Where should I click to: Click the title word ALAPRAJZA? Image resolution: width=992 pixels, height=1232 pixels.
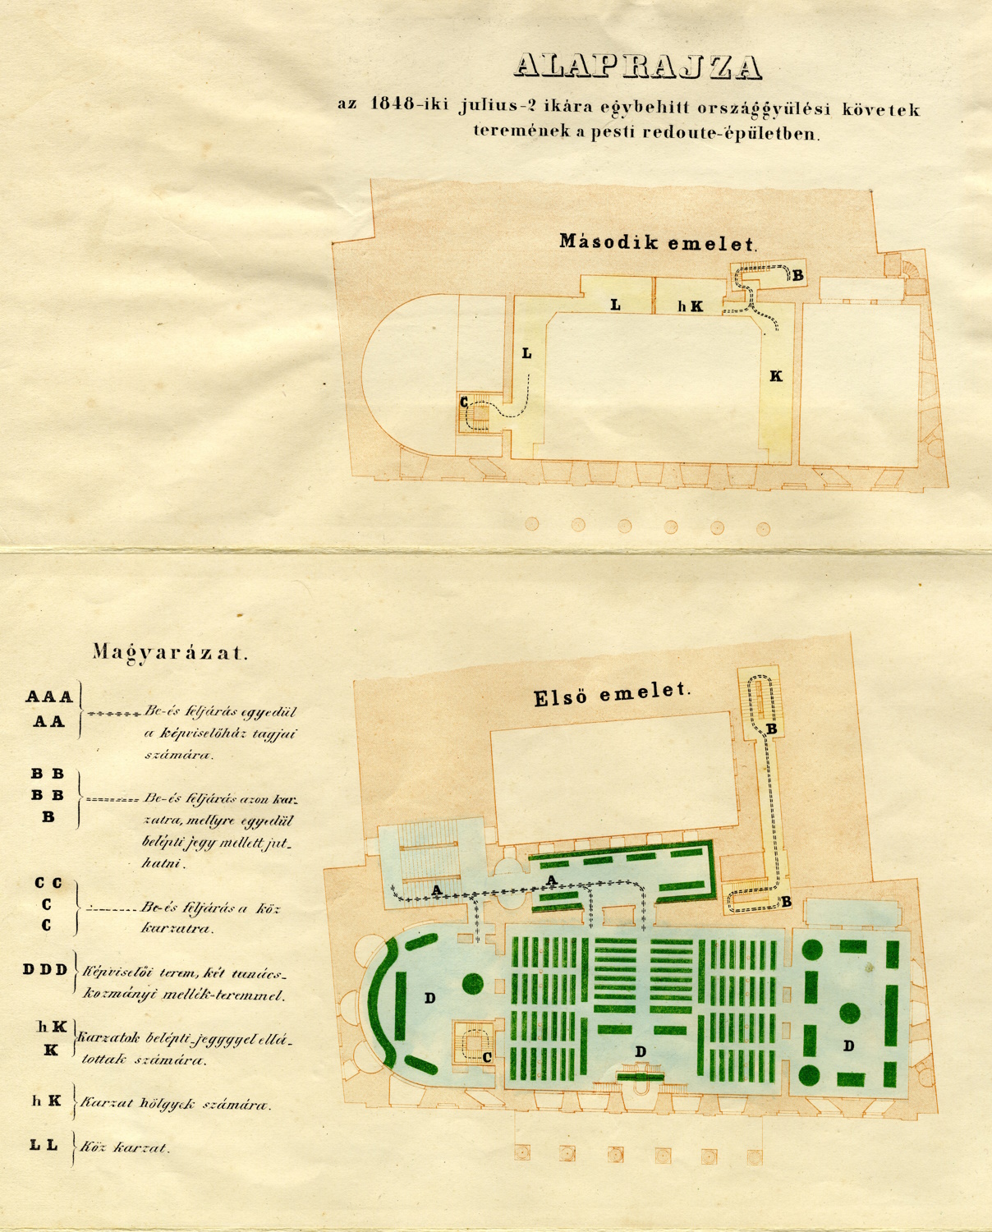[638, 67]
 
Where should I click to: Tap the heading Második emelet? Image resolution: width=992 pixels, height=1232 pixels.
[657, 242]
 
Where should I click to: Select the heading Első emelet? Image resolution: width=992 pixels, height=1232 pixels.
[612, 694]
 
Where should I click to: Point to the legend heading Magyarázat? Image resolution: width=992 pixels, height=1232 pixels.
[169, 653]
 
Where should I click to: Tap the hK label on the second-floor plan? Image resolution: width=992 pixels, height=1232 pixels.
[690, 306]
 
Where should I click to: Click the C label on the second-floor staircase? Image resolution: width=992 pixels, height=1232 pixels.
[464, 402]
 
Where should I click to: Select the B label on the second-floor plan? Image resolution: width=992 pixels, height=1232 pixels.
[797, 276]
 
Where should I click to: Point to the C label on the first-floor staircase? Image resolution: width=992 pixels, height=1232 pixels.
[487, 1057]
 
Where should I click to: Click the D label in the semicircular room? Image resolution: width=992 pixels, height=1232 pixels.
[429, 998]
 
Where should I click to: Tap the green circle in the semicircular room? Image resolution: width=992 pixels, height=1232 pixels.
[473, 982]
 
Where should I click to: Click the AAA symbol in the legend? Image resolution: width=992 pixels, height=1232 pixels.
[49, 697]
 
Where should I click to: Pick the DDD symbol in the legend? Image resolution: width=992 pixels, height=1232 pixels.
[45, 969]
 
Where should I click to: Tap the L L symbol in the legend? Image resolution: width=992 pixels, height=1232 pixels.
[44, 1145]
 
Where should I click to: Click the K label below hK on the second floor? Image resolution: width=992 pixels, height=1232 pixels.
[775, 376]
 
